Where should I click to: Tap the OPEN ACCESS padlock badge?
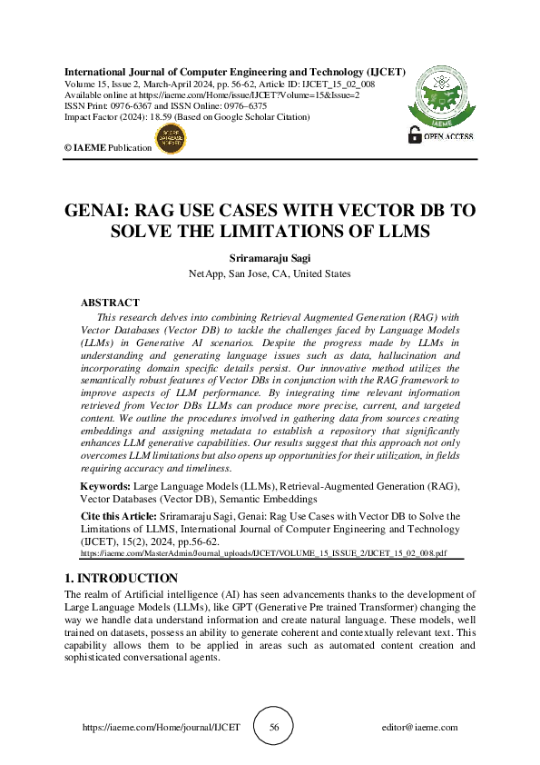coord(445,136)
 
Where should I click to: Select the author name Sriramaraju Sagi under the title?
coord(270,257)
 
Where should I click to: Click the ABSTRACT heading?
coord(110,303)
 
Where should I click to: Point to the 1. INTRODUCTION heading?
coord(122,578)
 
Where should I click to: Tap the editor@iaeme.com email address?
coord(420,728)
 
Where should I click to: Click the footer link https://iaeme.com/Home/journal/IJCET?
coord(161,728)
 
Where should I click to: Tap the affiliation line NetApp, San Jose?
coord(270,273)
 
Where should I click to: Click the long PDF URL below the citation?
coord(264,551)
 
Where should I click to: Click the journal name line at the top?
coord(235,71)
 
